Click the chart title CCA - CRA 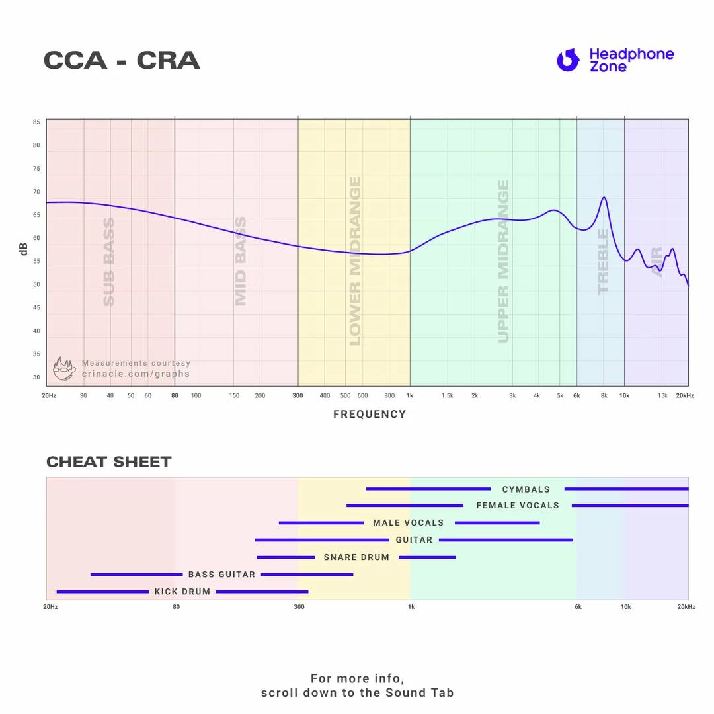[122, 61]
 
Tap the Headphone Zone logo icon [568, 60]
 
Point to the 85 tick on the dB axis [36, 122]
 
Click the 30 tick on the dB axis [36, 377]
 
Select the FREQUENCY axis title [370, 415]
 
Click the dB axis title [24, 249]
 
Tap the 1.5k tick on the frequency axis [448, 395]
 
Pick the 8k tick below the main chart [604, 395]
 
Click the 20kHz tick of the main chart [684, 395]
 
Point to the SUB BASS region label [109, 262]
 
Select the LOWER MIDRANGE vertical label [355, 261]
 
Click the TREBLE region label [603, 262]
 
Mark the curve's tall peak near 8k [604, 197]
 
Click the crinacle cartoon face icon [64, 369]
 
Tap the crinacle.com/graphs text [136, 374]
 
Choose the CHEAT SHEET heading [109, 462]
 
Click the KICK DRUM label [182, 592]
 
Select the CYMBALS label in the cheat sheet [526, 489]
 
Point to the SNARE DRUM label [356, 557]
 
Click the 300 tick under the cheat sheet [299, 606]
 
